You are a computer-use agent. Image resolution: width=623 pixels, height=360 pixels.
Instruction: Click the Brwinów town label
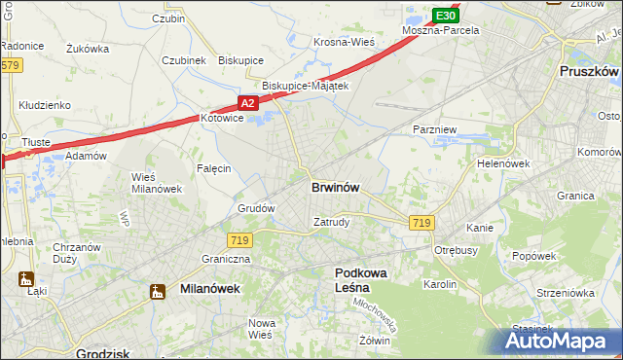click(x=338, y=187)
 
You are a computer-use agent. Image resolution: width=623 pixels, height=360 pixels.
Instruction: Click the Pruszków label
click(x=590, y=72)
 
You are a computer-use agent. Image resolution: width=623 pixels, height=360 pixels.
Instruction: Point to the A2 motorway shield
click(x=248, y=102)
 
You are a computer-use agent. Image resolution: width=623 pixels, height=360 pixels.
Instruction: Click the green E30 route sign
click(x=446, y=16)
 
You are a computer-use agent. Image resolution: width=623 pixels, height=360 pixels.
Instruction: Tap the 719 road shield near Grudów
click(x=239, y=239)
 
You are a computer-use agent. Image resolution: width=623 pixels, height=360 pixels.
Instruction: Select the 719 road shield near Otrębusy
click(x=421, y=223)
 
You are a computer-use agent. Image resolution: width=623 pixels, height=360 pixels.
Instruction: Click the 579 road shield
click(x=11, y=65)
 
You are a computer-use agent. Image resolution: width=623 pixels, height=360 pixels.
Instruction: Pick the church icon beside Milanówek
click(x=158, y=290)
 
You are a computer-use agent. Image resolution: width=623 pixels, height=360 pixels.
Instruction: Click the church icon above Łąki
click(x=26, y=279)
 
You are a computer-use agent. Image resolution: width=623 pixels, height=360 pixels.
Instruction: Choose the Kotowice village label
click(x=226, y=119)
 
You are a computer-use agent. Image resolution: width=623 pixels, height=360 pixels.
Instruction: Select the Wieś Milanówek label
click(x=155, y=182)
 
